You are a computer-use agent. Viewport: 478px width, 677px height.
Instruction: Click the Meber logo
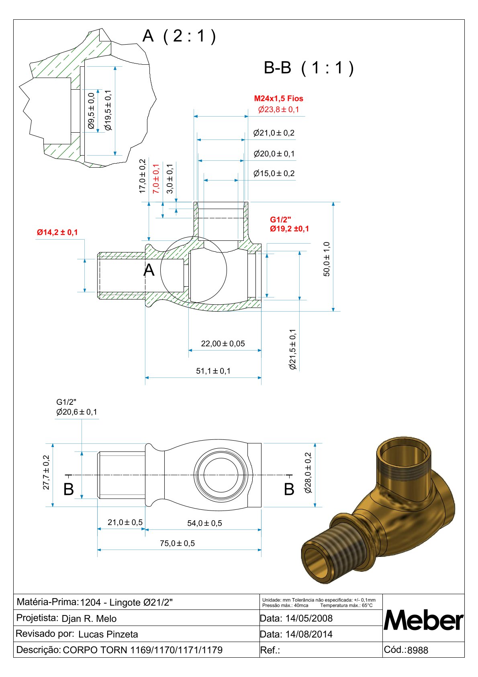coord(423,620)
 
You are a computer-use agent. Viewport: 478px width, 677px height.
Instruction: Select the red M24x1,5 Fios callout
coord(279,98)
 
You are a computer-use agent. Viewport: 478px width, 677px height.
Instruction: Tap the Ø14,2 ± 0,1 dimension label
coord(57,232)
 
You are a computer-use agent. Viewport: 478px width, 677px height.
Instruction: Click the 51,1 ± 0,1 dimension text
coord(213,371)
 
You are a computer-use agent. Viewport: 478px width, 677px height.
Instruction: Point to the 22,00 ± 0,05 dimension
coord(223,344)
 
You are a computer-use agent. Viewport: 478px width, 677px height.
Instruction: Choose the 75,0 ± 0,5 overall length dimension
coord(177,544)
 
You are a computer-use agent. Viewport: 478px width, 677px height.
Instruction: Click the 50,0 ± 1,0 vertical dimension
coord(327,259)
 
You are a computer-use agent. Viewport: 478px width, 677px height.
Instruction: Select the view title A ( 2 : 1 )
coord(180,36)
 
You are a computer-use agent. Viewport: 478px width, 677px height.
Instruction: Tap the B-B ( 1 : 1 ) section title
coord(309,68)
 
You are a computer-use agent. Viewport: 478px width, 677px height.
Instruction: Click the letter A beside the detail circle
coord(149,270)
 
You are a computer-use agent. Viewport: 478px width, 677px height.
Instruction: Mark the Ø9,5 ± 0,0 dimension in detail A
coord(91,111)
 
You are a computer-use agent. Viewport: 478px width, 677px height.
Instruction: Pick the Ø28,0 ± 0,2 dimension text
coord(308,473)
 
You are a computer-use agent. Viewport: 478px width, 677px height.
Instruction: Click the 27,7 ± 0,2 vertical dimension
coord(46,472)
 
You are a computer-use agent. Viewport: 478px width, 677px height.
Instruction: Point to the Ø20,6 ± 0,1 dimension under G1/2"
coord(77,412)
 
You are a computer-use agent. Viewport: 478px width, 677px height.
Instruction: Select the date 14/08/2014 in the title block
coord(309,634)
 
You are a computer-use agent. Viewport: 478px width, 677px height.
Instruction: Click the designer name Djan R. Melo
coord(89,619)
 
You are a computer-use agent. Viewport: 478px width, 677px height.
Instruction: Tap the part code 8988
coord(418,650)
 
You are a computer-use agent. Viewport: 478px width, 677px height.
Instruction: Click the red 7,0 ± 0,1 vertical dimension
coord(156,178)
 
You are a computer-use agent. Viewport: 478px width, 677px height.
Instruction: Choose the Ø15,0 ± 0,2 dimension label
coord(274,174)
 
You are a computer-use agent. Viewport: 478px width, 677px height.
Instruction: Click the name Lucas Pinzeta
coord(108,634)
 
